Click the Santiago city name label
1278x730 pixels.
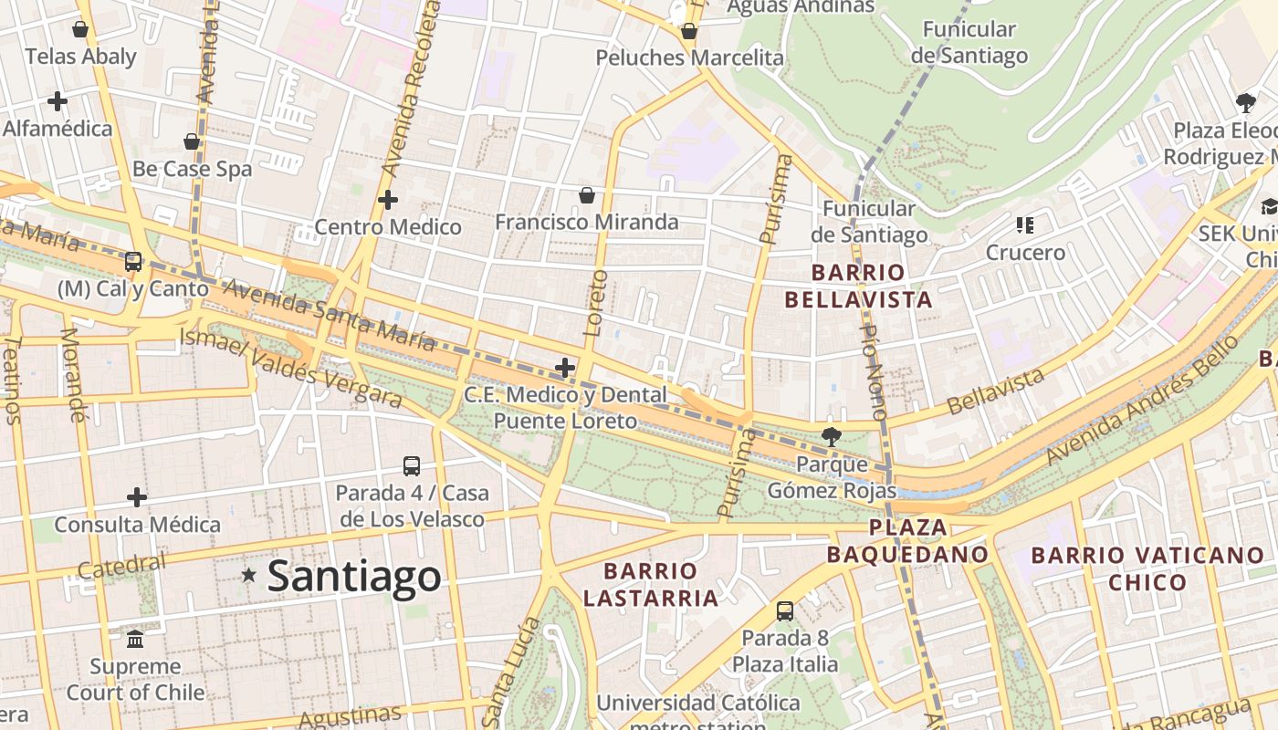[354, 577]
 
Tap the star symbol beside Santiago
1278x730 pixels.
[248, 575]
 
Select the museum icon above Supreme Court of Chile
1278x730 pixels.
[136, 637]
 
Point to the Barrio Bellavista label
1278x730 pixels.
[858, 286]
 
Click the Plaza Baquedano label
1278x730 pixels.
[907, 541]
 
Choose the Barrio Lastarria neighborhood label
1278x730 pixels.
[651, 585]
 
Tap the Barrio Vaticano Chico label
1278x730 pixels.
[1147, 568]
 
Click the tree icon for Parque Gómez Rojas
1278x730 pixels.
[831, 436]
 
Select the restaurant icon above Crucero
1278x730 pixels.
[1025, 224]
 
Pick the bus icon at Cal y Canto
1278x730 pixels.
[133, 262]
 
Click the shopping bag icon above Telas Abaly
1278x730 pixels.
[80, 29]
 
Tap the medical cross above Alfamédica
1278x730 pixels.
[58, 100]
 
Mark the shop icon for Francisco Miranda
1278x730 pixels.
[587, 195]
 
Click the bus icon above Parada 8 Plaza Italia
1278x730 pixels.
[784, 611]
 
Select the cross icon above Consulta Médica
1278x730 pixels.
[137, 497]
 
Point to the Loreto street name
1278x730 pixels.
[595, 302]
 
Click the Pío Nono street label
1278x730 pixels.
[874, 371]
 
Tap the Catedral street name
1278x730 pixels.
[122, 566]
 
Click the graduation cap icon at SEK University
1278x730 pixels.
[1269, 206]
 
